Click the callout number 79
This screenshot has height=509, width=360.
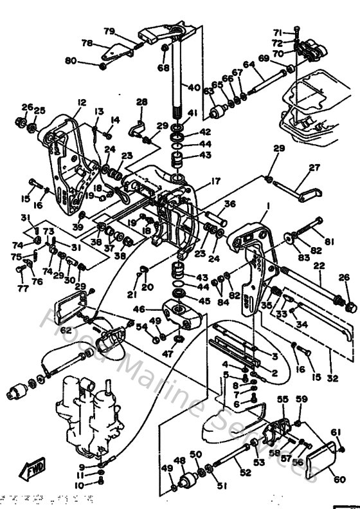click(109, 31)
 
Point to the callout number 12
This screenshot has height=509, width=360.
click(82, 102)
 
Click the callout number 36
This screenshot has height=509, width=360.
click(230, 204)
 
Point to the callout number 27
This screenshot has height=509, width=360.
click(314, 168)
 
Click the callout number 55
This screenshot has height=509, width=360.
click(282, 400)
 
